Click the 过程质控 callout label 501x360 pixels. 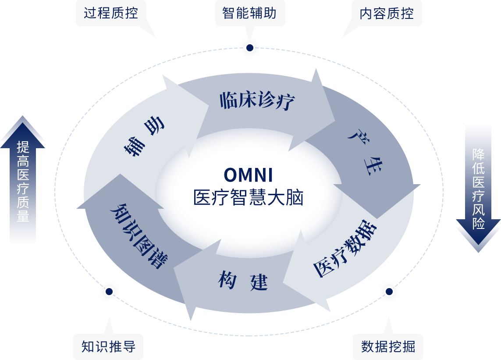click(x=111, y=13)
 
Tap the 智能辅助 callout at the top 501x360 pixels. click(x=249, y=13)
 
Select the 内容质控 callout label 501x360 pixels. click(x=387, y=13)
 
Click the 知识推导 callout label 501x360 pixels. click(x=109, y=347)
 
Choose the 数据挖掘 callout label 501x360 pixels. click(x=388, y=347)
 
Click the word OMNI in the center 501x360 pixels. click(x=248, y=175)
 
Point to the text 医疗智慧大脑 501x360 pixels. click(x=248, y=197)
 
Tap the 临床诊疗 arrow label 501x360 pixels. click(x=257, y=101)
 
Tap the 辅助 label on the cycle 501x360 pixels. click(x=144, y=136)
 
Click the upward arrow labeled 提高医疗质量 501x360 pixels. click(x=22, y=180)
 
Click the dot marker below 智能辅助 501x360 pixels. click(x=250, y=47)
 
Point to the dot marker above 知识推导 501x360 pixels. click(x=109, y=292)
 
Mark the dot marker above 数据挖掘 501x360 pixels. click(x=389, y=292)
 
